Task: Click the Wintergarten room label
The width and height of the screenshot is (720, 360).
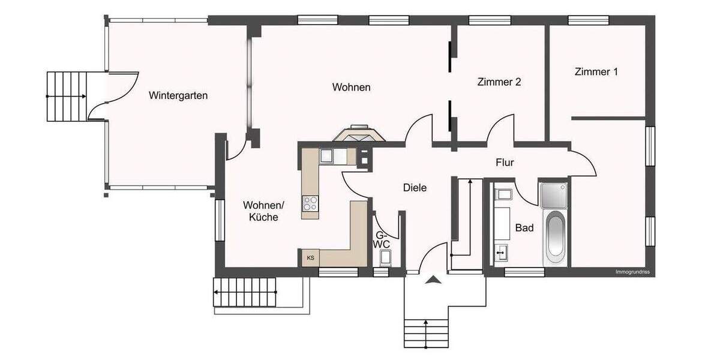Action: [179, 95]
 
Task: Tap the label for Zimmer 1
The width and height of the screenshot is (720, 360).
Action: [596, 72]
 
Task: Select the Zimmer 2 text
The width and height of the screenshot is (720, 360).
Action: [499, 82]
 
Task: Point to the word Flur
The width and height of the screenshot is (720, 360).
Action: [505, 162]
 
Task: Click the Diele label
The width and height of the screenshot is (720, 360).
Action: [415, 188]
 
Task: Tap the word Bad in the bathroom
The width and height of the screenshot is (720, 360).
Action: [524, 228]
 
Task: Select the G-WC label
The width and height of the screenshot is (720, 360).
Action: [382, 240]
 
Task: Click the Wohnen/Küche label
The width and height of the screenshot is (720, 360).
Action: [264, 211]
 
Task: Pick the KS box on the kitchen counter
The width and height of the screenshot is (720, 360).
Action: [310, 258]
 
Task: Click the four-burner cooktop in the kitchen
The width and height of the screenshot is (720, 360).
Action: [311, 204]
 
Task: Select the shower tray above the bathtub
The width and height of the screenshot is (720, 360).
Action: [554, 196]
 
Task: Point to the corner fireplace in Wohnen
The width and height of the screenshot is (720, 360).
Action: [360, 134]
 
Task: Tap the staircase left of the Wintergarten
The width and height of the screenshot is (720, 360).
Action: [67, 96]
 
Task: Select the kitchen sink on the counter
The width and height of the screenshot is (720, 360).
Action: [328, 156]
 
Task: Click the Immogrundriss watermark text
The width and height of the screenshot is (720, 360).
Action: [632, 272]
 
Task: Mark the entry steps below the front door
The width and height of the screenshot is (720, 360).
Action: [425, 332]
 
